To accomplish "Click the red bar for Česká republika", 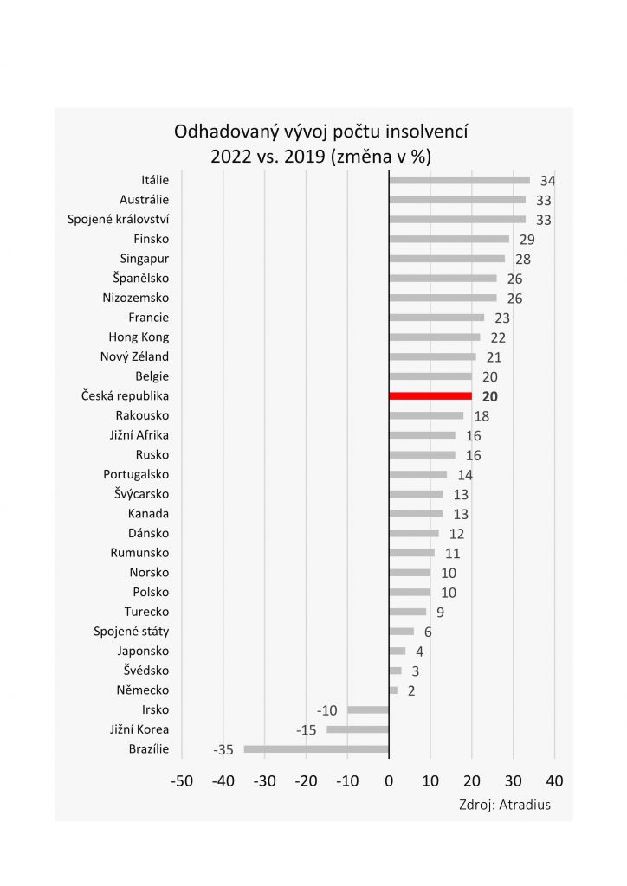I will (430, 395).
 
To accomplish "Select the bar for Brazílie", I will (316, 749).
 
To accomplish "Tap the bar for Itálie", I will (459, 180).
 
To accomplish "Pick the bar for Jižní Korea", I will (358, 729).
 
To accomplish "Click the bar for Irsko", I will (368, 709).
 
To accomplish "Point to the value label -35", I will (224, 750).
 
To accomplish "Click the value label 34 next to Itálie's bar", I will (546, 181).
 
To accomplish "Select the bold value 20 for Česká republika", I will (489, 397).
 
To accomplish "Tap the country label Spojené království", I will (119, 219).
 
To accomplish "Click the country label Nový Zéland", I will (134, 356).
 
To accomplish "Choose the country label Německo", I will (142, 690).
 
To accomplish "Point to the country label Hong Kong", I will (139, 337).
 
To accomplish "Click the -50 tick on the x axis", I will (182, 780).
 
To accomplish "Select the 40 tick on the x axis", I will (555, 780).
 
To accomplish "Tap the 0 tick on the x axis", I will (389, 780).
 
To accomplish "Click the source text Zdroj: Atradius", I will (504, 805).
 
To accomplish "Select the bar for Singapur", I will (447, 258).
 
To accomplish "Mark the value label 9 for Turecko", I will (440, 613).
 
